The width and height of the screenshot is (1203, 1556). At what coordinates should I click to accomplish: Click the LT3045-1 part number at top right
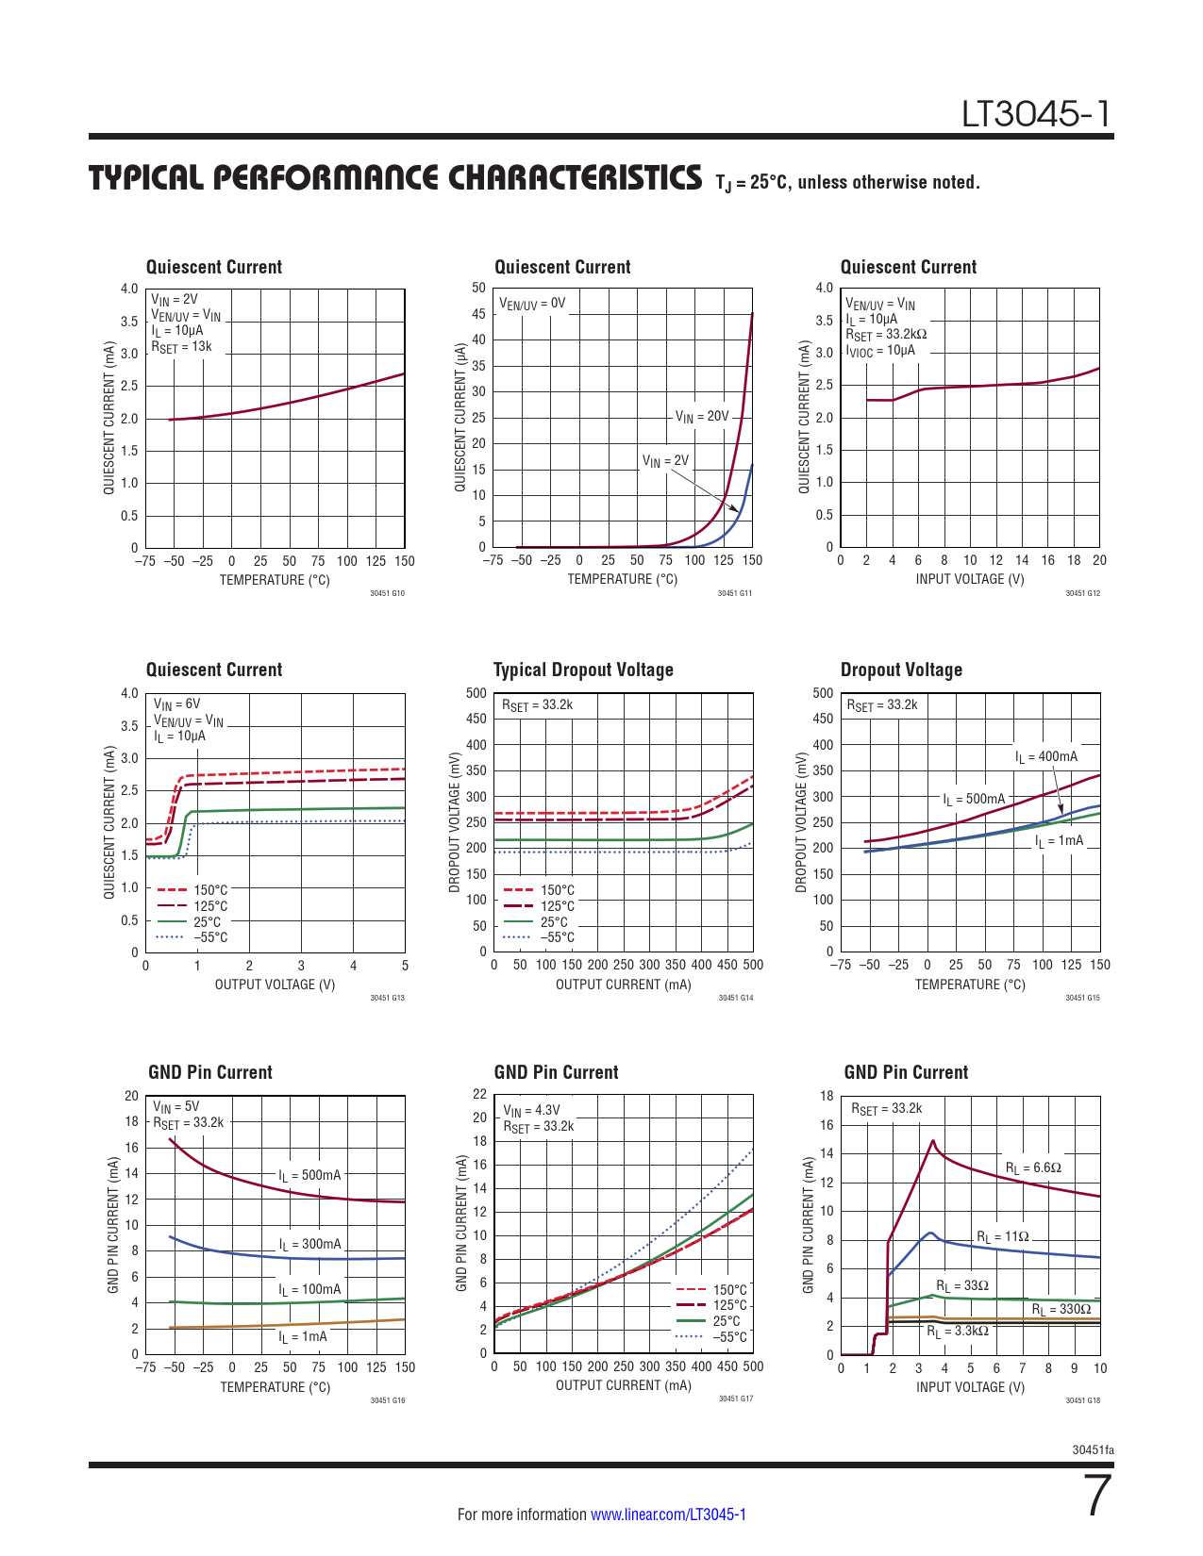pyautogui.click(x=1036, y=114)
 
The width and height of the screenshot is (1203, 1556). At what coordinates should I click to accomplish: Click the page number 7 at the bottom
pyautogui.click(x=1098, y=1496)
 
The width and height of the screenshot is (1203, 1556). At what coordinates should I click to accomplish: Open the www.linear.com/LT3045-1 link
pyautogui.click(x=668, y=1515)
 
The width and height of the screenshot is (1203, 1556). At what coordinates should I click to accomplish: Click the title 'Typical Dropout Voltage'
pyautogui.click(x=583, y=670)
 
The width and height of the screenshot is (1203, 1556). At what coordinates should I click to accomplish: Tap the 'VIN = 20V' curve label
pyautogui.click(x=702, y=416)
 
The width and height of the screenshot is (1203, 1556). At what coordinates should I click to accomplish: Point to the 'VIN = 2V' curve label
pyautogui.click(x=665, y=461)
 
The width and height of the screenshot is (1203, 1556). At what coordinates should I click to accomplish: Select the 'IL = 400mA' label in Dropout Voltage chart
pyautogui.click(x=1046, y=756)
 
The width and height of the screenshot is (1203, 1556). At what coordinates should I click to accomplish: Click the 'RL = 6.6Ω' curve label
pyautogui.click(x=1033, y=1167)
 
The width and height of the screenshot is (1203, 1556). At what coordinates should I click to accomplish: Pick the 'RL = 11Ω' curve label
pyautogui.click(x=1002, y=1236)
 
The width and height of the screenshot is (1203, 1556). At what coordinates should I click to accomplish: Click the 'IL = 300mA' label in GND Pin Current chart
pyautogui.click(x=309, y=1245)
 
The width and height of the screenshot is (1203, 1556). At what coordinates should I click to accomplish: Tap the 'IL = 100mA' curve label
pyautogui.click(x=309, y=1289)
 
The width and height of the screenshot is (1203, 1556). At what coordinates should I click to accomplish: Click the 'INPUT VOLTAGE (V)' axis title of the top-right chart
pyautogui.click(x=969, y=579)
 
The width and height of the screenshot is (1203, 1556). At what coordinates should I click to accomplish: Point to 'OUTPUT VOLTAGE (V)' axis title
pyautogui.click(x=275, y=985)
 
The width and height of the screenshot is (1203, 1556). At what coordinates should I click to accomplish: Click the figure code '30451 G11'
pyautogui.click(x=735, y=593)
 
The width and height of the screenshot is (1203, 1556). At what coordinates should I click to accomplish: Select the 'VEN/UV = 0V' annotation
pyautogui.click(x=532, y=304)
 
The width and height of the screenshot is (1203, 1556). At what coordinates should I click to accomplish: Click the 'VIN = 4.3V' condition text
pyautogui.click(x=531, y=1111)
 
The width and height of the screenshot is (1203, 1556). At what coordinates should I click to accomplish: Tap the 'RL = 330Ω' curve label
pyautogui.click(x=1061, y=1309)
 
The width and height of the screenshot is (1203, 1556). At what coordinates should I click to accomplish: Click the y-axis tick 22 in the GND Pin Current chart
pyautogui.click(x=480, y=1094)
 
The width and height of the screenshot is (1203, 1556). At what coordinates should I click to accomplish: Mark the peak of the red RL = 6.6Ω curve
pyautogui.click(x=933, y=1141)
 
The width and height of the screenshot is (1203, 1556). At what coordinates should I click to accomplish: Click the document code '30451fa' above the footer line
pyautogui.click(x=1093, y=1449)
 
